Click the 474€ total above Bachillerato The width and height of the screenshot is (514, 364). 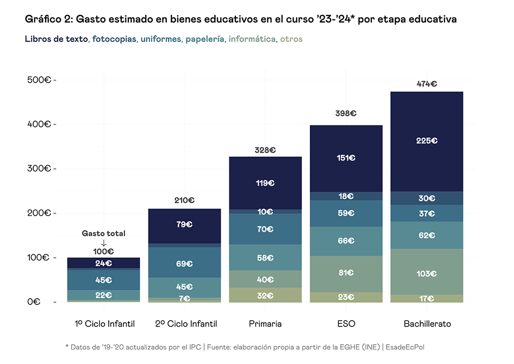click(x=427, y=84)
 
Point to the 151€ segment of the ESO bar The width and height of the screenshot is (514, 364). click(x=346, y=158)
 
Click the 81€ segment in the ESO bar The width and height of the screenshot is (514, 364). click(x=346, y=272)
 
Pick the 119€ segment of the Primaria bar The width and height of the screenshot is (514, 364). click(x=265, y=183)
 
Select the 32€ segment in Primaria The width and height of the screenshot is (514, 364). click(x=265, y=295)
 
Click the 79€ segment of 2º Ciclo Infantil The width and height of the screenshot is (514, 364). click(x=184, y=224)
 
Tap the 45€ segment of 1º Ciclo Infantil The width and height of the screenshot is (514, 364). click(x=103, y=280)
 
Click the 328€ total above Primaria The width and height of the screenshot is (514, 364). click(x=265, y=151)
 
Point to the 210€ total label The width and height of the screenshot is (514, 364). click(x=184, y=200)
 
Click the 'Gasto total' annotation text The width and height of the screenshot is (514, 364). click(x=103, y=234)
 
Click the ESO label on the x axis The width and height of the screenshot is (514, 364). click(x=346, y=324)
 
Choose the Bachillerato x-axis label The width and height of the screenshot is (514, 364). click(x=427, y=324)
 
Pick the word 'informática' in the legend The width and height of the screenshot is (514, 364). click(x=251, y=39)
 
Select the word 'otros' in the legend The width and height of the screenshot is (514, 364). click(x=291, y=39)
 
